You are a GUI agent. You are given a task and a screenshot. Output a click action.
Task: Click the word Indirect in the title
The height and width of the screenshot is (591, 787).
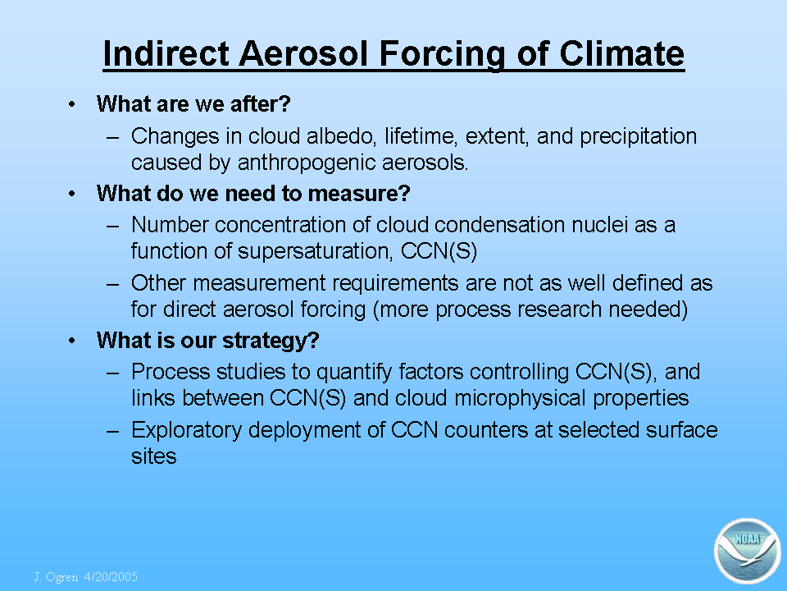pyautogui.click(x=166, y=53)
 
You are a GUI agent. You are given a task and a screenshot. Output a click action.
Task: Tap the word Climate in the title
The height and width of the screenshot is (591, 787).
pyautogui.click(x=621, y=53)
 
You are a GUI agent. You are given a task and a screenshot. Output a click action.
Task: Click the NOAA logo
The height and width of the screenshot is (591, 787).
pyautogui.click(x=748, y=551)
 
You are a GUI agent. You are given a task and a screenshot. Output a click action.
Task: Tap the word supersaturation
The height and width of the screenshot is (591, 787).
pyautogui.click(x=315, y=251)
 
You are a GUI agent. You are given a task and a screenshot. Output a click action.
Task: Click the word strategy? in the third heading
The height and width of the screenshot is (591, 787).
pyautogui.click(x=271, y=341)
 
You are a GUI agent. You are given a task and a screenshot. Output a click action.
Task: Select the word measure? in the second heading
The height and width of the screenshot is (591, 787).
pyautogui.click(x=359, y=194)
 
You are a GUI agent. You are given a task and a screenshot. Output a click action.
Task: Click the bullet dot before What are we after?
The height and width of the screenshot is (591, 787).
pyautogui.click(x=72, y=104)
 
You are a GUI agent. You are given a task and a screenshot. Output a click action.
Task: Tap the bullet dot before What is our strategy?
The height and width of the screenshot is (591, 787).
pyautogui.click(x=72, y=341)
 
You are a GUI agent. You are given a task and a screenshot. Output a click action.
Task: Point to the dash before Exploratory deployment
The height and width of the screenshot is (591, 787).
pyautogui.click(x=113, y=431)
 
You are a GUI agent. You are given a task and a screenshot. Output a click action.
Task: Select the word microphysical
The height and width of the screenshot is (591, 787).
pyautogui.click(x=520, y=398)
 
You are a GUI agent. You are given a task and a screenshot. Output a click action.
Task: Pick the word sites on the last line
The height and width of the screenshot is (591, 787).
pyautogui.click(x=153, y=456)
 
